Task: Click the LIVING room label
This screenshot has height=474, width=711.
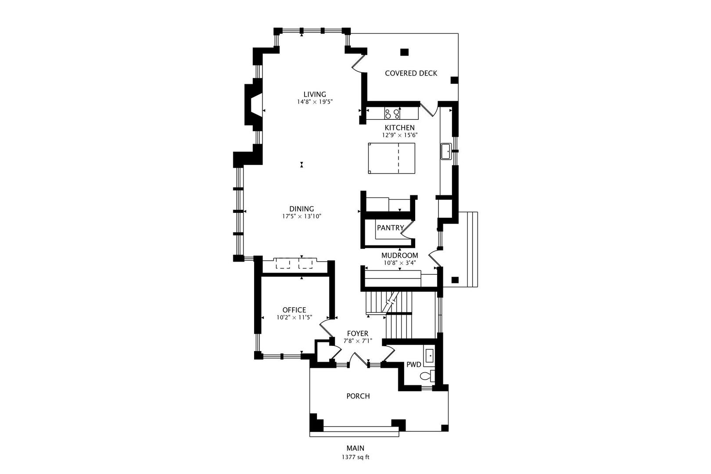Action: coord(315,94)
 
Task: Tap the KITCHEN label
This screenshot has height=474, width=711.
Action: coord(400,128)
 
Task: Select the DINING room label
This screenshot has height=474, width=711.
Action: coord(302,209)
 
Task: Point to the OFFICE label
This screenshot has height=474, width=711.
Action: coord(294,310)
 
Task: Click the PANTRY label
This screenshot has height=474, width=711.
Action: coord(391,228)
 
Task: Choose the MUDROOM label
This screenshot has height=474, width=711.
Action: coord(400,255)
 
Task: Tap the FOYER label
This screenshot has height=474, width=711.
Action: coord(358,334)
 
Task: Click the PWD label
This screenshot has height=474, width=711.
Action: coord(414,365)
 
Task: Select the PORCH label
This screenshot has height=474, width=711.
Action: coord(358,396)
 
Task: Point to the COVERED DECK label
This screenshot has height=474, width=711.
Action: coord(411,73)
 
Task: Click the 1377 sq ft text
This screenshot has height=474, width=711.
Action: coord(355,457)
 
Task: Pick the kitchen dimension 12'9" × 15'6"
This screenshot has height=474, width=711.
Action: coord(400,135)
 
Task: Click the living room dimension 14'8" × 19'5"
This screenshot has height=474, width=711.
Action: coord(315,102)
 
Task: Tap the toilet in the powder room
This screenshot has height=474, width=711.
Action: coord(427,376)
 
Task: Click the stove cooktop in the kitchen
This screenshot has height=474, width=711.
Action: coord(392,113)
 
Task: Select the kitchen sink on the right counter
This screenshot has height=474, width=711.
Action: coord(446,151)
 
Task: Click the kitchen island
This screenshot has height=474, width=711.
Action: coord(391,158)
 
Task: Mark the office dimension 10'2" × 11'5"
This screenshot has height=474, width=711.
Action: coord(294,317)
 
